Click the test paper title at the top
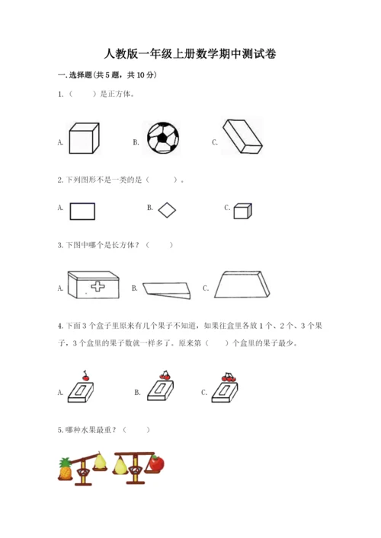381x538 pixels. tap(190, 54)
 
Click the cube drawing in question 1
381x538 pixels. tap(84, 138)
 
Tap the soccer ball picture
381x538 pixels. tap(163, 138)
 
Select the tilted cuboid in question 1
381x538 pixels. tap(242, 136)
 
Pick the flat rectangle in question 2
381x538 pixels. tap(82, 211)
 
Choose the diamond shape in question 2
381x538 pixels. tap(167, 210)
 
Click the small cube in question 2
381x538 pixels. tap(242, 211)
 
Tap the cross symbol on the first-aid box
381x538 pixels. tap(98, 286)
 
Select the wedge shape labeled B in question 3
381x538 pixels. tap(167, 291)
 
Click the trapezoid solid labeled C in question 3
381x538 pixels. tap(242, 285)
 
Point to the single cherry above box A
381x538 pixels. tap(85, 376)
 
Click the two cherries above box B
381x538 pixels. tap(165, 375)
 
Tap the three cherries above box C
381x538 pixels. tap(229, 377)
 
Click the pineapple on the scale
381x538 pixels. tap(66, 468)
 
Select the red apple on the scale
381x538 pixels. tap(157, 463)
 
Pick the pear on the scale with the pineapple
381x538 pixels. tap(100, 461)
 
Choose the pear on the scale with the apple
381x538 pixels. tap(120, 465)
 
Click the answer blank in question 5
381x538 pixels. tap(136, 430)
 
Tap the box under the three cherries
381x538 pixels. tap(225, 393)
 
